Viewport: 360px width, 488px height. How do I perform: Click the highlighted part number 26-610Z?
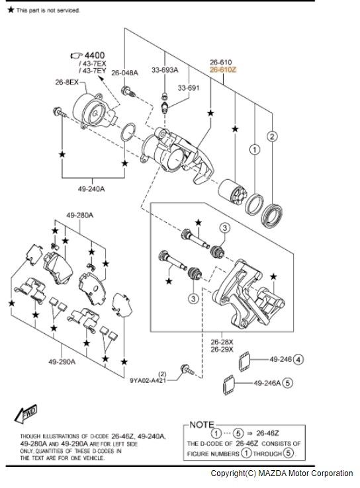[x=222, y=68]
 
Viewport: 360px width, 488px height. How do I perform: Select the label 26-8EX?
[x=66, y=83]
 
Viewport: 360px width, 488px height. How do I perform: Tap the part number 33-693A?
[x=164, y=68]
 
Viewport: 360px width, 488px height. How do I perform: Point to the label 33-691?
[x=187, y=87]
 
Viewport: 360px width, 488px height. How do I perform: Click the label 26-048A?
[x=124, y=73]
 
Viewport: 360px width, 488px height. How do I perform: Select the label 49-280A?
[x=79, y=215]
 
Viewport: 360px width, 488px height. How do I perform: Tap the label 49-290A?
[x=62, y=362]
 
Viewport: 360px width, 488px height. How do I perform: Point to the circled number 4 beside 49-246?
[x=298, y=360]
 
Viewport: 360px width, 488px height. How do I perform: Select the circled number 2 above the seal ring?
[x=271, y=137]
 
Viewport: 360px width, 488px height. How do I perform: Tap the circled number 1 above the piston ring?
[x=253, y=150]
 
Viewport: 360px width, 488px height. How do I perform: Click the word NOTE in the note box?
[x=201, y=424]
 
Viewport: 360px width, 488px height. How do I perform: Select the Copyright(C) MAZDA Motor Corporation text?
[x=281, y=473]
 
